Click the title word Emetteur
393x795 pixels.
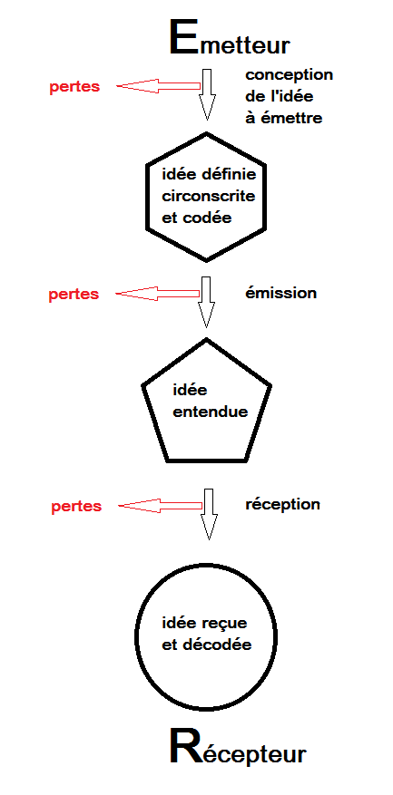point(230,39)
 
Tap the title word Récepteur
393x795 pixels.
point(238,746)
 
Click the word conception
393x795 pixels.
point(289,75)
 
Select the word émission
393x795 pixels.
point(280,293)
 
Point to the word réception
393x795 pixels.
point(283,506)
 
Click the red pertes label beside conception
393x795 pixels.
point(74,87)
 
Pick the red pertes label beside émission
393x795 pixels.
point(74,295)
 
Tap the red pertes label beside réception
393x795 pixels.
point(76,507)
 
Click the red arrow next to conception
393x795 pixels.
point(159,86)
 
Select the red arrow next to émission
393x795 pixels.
point(158,293)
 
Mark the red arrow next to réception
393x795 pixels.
point(161,506)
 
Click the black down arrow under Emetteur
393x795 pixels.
point(207,94)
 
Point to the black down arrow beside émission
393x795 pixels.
point(206,302)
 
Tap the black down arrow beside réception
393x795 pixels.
point(208,514)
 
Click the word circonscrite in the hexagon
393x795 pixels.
point(209,196)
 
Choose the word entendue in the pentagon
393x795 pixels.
point(211,412)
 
